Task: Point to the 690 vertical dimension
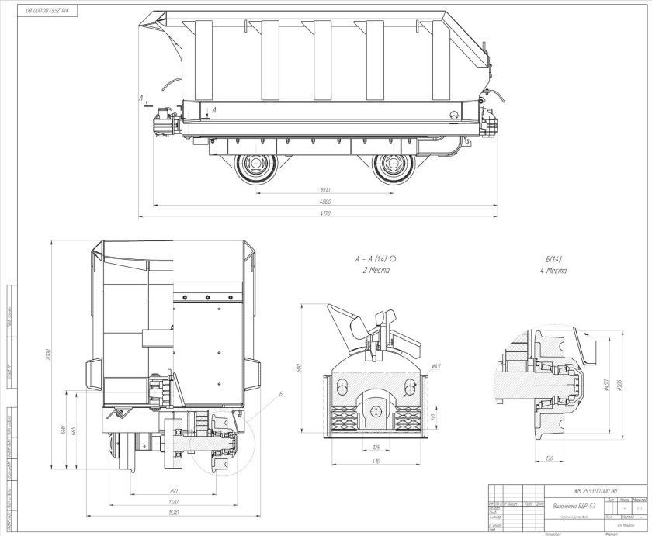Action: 64,427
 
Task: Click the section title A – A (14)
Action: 375,258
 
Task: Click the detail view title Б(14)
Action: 554,258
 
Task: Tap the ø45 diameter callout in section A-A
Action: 436,365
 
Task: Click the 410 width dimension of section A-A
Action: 376,461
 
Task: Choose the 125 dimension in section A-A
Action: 376,447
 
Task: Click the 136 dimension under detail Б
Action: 549,458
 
